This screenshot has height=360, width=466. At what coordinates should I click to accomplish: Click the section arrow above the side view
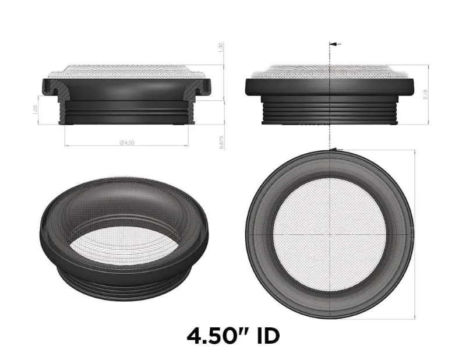click(x=335, y=44)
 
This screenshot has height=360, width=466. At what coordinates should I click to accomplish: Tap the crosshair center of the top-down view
click(x=330, y=235)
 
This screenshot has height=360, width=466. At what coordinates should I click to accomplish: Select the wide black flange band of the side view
click(x=330, y=87)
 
